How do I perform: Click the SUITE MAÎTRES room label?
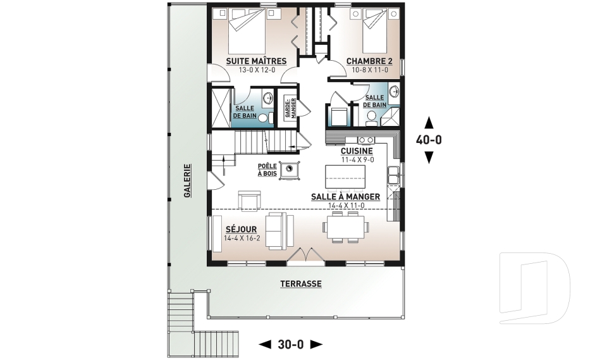click(x=256, y=61)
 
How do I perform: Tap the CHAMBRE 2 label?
click(x=369, y=61)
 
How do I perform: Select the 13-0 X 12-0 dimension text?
click(x=257, y=70)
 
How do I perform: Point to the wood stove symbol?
click(x=289, y=170)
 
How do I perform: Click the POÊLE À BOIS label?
click(x=267, y=170)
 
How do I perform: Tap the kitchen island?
click(x=345, y=177)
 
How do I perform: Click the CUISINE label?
click(x=357, y=151)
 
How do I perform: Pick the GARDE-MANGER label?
click(x=290, y=108)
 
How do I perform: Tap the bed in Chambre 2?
click(x=375, y=32)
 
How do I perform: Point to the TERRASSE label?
click(x=301, y=283)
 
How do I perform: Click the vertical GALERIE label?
click(x=187, y=181)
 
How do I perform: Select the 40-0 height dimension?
click(x=429, y=139)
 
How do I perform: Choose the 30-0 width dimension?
click(x=291, y=344)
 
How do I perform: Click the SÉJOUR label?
click(x=241, y=230)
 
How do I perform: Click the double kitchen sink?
click(x=394, y=175)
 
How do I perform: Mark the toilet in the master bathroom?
click(x=265, y=118)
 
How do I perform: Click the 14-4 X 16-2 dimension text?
click(x=242, y=238)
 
